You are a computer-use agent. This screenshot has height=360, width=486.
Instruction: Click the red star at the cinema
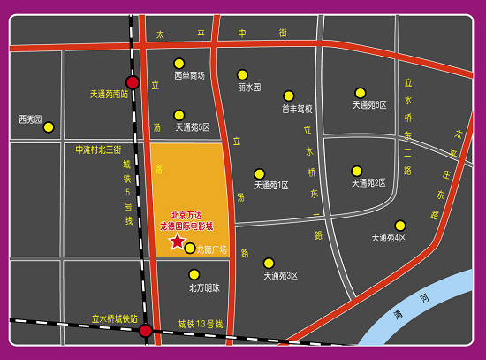(x=177, y=241)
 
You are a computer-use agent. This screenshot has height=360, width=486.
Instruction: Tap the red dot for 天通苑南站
(x=133, y=82)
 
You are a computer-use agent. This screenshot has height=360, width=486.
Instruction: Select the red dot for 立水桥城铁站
(x=145, y=330)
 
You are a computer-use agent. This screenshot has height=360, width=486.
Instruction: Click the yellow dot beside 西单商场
(x=179, y=64)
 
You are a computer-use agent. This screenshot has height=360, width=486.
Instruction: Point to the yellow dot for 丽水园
(x=242, y=75)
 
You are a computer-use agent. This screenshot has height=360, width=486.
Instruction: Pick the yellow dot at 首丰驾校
(x=289, y=96)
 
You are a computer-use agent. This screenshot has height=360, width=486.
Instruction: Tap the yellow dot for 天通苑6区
(x=361, y=93)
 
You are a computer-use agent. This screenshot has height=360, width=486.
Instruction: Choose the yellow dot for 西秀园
(x=49, y=127)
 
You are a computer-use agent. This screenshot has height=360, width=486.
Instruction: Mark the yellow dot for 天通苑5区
(x=179, y=115)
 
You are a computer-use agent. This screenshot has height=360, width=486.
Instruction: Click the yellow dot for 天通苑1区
(x=260, y=173)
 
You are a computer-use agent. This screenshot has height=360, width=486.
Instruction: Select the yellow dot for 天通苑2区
(x=357, y=171)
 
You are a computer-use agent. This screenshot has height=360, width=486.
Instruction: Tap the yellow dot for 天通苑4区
(x=400, y=226)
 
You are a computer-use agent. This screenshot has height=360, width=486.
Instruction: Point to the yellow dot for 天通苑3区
(x=269, y=263)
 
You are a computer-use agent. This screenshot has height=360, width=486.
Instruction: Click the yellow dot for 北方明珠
(x=194, y=274)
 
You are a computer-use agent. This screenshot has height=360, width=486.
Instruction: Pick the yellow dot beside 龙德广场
(x=190, y=248)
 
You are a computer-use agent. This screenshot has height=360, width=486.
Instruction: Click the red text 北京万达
(x=186, y=215)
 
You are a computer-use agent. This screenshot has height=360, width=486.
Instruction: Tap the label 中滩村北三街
(x=98, y=149)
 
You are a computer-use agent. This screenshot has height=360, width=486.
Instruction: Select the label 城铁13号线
(x=201, y=324)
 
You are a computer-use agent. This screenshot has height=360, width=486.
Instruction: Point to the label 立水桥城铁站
(x=115, y=318)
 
